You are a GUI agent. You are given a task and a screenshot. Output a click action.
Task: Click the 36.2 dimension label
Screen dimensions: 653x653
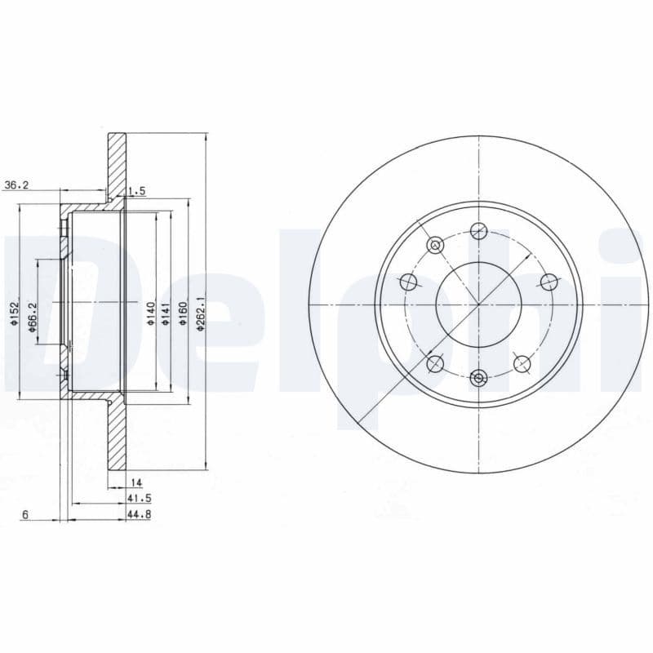tap(16, 185)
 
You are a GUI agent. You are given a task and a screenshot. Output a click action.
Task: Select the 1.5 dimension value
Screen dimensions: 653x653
tap(136, 191)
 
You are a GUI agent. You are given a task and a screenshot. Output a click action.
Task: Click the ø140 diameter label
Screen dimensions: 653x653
tap(150, 313)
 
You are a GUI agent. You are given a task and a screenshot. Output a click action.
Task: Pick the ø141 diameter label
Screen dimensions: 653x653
tap(166, 313)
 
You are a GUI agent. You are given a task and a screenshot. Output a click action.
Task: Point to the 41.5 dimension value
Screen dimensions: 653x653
tap(140, 497)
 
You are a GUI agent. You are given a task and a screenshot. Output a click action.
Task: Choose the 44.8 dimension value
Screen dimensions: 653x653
tap(140, 513)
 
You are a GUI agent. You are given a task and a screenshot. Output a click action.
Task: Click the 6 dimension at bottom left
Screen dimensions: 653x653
tap(26, 514)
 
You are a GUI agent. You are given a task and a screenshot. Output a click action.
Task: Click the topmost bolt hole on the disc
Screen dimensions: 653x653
tap(478, 232)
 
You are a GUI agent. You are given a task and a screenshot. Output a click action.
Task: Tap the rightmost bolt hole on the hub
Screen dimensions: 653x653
tap(549, 282)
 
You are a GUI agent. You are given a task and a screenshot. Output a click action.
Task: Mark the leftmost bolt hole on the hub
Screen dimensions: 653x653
tap(409, 282)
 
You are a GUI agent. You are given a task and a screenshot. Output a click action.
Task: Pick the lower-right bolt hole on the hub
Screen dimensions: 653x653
tap(521, 362)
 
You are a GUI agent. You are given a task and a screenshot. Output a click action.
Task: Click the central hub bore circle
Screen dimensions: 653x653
tap(478, 304)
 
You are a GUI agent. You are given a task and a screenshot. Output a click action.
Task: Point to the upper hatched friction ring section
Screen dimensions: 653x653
tap(118, 163)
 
